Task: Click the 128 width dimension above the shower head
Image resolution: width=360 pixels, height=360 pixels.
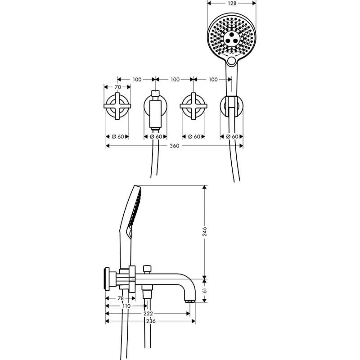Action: click(x=231, y=3)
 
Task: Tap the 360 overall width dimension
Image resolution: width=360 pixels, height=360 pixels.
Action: click(x=175, y=146)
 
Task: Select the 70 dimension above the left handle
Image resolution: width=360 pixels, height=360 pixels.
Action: click(x=118, y=87)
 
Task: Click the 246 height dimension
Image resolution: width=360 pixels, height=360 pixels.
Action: click(x=204, y=231)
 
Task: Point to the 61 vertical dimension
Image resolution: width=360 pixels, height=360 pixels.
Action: click(x=204, y=291)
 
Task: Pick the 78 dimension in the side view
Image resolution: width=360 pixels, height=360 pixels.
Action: click(x=120, y=298)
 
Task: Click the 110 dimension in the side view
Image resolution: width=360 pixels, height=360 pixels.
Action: click(x=126, y=306)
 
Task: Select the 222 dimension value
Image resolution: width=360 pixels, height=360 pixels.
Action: click(x=148, y=314)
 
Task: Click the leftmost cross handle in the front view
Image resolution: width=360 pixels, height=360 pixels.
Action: click(x=117, y=107)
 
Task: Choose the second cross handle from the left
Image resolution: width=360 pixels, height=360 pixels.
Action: click(x=193, y=107)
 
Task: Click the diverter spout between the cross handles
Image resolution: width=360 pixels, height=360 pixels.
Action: click(x=156, y=108)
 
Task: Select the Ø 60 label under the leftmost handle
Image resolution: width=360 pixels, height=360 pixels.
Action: click(x=117, y=136)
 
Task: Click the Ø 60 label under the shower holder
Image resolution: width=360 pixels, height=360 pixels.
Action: click(x=232, y=136)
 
